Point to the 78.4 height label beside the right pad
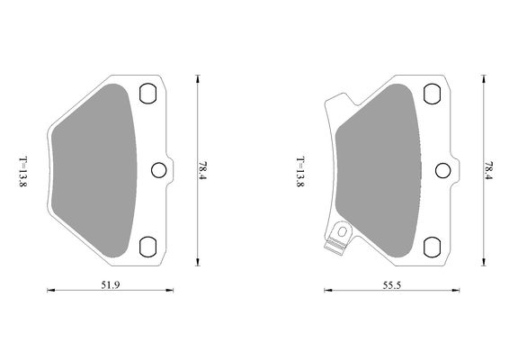tap(488, 169)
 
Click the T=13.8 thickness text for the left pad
tap(23, 169)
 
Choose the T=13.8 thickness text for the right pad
tap(300, 169)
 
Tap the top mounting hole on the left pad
tap(149, 94)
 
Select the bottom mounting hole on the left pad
tap(149, 244)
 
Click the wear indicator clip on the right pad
tap(338, 237)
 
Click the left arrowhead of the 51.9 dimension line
tap(49, 290)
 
